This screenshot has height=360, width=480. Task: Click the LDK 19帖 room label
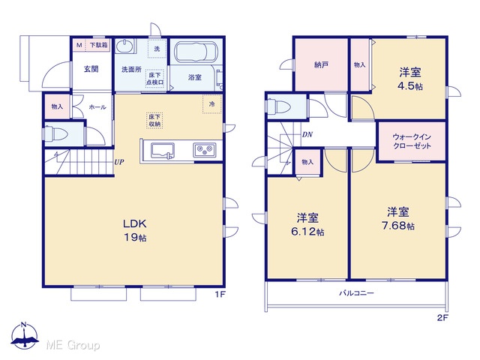point(135,230)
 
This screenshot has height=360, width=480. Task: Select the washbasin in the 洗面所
point(124,46)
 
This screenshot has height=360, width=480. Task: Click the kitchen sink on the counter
point(163,151)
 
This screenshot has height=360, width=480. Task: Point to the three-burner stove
point(204,150)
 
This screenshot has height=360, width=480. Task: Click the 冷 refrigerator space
point(211,104)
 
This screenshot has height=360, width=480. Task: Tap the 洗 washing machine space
point(157,49)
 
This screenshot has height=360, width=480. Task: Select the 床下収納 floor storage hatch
point(154,120)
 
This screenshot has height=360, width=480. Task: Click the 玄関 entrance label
point(91,69)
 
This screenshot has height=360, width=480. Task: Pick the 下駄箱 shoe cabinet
point(98,45)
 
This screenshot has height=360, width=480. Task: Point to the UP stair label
point(119,162)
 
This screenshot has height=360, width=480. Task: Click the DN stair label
point(307,134)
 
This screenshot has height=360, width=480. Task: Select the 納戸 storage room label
point(322,65)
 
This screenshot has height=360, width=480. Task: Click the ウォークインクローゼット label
point(412,141)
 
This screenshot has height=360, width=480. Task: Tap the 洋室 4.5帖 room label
point(410,79)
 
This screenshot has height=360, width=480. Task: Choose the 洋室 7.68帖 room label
point(398,218)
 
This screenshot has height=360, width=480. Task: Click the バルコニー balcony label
point(356,293)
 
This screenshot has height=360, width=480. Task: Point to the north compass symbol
point(25,335)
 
